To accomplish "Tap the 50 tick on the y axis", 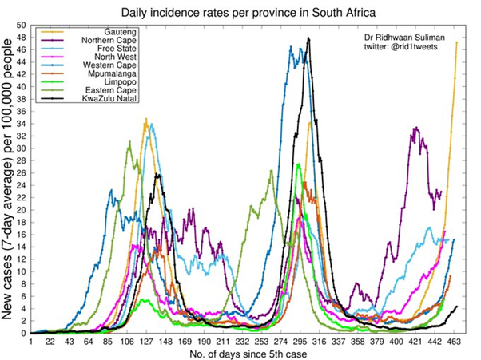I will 20,25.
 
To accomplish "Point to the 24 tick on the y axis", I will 20,185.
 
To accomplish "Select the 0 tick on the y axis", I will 22,334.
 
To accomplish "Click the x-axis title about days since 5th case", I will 247,353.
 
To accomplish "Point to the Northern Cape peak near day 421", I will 415,128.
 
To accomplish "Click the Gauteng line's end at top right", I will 456,42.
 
